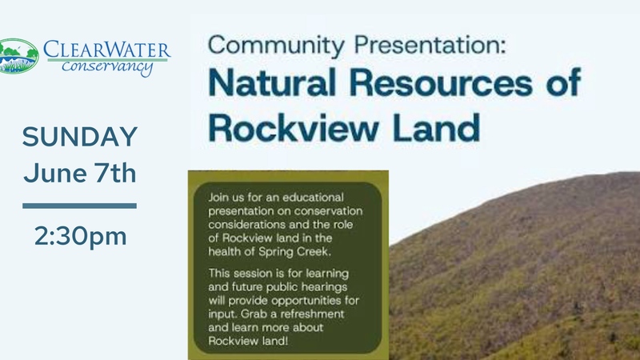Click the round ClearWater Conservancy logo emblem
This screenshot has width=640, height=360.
tap(18, 56)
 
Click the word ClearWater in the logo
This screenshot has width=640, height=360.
tap(107, 50)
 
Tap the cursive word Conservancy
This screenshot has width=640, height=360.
tap(107, 67)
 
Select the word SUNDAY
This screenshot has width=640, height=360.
tap(80, 137)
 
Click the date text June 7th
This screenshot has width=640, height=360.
tap(80, 174)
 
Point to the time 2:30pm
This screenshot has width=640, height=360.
tap(81, 236)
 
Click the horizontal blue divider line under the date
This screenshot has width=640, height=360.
tap(79, 206)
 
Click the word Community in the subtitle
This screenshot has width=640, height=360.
tap(276, 46)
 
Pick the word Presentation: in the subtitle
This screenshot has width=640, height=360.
tap(430, 45)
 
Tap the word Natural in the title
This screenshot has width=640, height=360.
tap(272, 82)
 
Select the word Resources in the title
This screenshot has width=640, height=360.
tap(442, 82)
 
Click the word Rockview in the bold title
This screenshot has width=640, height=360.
tap(294, 127)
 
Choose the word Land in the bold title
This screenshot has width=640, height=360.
tap(436, 127)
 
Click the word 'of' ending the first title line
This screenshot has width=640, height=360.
tap(564, 82)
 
